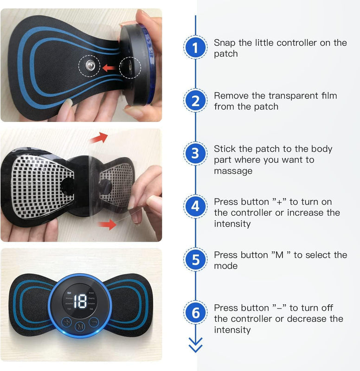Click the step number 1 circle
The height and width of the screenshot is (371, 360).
coord(195,48)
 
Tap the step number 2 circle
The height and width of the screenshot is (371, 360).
coord(195,101)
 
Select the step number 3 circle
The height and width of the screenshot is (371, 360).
coord(195,154)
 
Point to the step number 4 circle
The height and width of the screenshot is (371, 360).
coord(195,207)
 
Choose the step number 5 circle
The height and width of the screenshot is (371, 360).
coord(195,260)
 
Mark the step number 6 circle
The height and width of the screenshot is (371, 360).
coord(195,313)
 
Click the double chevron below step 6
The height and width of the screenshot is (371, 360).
coord(195,345)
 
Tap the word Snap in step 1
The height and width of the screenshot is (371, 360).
coord(224,43)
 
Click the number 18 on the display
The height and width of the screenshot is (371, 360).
coord(80,301)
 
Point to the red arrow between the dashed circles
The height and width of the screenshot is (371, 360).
coord(109,68)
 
